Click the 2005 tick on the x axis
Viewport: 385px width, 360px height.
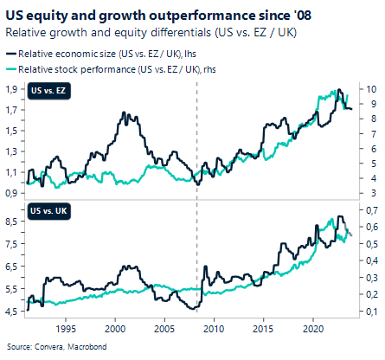click(165, 329)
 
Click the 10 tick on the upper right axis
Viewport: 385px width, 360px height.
click(369, 89)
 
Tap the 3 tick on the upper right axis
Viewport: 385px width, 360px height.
click(368, 193)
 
